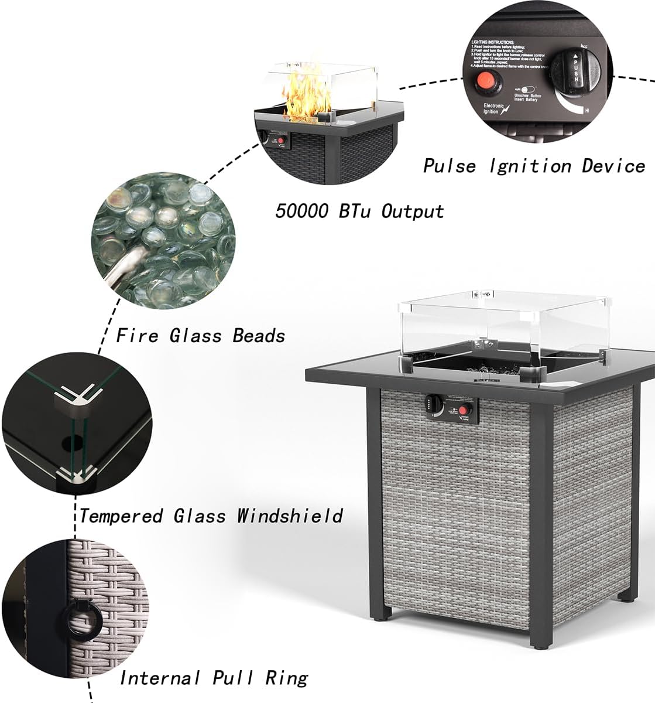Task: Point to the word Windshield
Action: click(x=290, y=516)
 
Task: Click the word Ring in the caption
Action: click(x=286, y=678)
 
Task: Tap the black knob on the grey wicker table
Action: click(x=434, y=403)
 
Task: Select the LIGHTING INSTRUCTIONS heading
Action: click(x=493, y=43)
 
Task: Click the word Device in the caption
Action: click(x=613, y=166)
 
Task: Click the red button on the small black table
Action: click(x=282, y=141)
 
